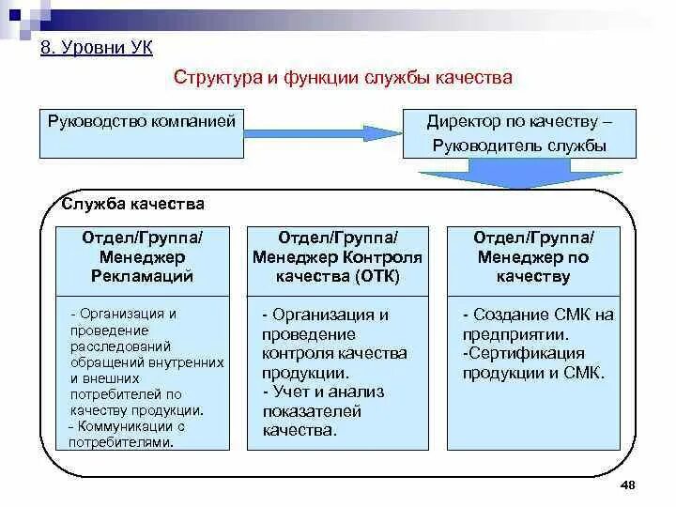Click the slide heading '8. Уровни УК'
point(97,47)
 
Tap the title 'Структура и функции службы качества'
point(343,78)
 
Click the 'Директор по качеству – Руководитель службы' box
point(519,132)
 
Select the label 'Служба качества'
point(132,204)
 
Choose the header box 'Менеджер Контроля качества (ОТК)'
point(338,256)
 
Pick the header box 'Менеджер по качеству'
point(533,256)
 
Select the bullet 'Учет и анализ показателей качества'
point(325,411)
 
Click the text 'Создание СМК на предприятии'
point(537,324)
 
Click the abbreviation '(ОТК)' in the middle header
point(377,276)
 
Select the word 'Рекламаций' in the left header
point(142,276)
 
